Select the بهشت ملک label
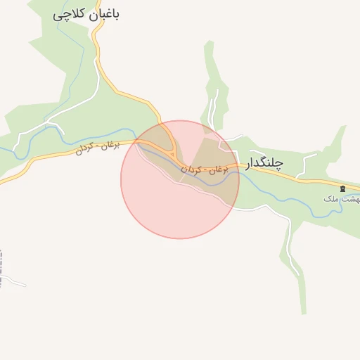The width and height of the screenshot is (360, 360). click(x=340, y=199)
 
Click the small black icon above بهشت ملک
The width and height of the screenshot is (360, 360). click(x=342, y=188)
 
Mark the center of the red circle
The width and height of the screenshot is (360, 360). click(x=180, y=179)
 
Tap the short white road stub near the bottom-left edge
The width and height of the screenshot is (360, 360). click(x=15, y=283)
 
